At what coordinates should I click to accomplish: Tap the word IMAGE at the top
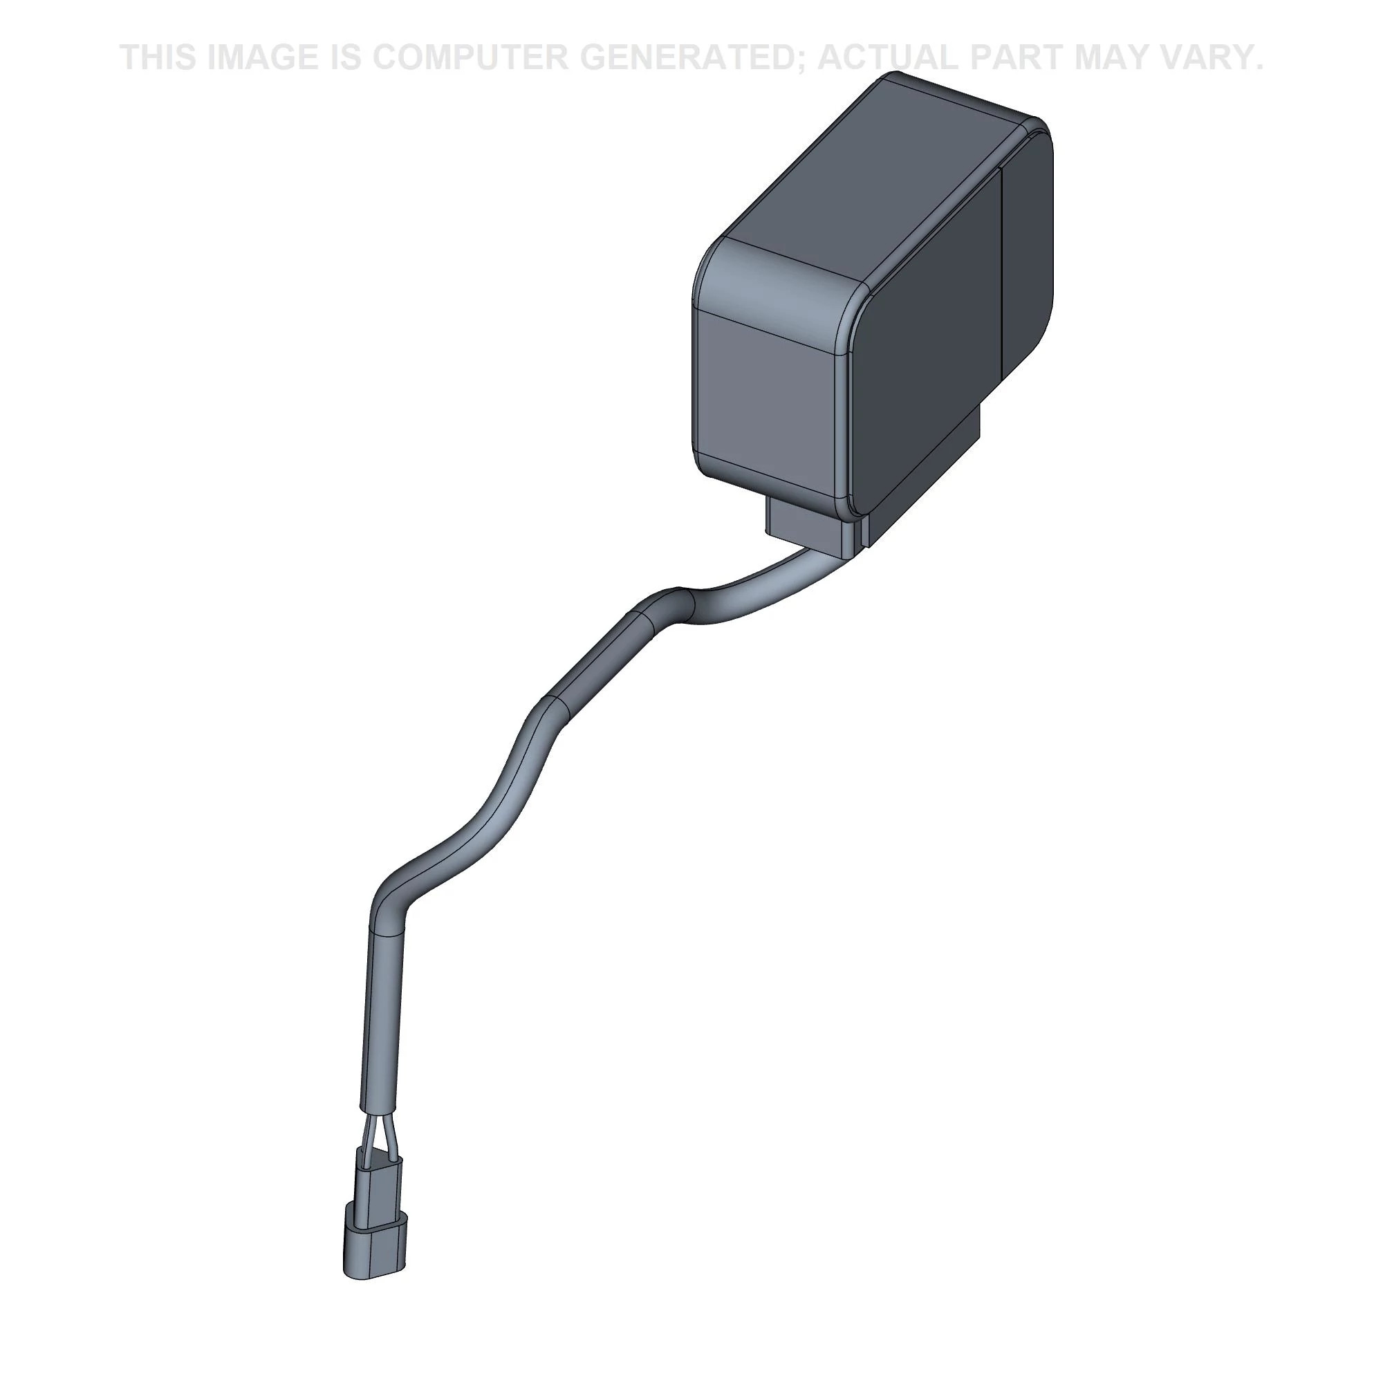tap(262, 57)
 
